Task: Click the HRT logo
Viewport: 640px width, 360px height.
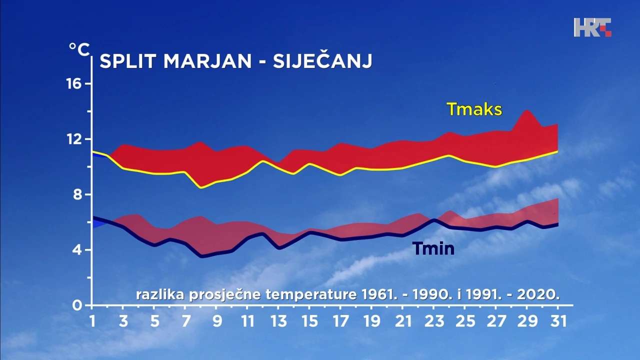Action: click(592, 27)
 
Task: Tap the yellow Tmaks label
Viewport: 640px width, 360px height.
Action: click(474, 109)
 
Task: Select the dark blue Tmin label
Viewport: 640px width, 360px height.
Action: click(433, 248)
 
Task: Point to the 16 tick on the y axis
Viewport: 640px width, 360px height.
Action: click(73, 83)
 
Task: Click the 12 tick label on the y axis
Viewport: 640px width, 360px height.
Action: click(73, 139)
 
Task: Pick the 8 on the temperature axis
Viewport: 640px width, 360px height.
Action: click(77, 194)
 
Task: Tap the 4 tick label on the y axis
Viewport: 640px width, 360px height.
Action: click(77, 250)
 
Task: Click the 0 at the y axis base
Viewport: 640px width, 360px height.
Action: click(77, 305)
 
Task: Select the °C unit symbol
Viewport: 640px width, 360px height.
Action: click(79, 49)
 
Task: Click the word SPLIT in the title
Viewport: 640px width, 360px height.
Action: click(128, 61)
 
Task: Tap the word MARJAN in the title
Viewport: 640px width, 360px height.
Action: click(207, 61)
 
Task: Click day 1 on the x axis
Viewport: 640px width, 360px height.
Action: click(92, 321)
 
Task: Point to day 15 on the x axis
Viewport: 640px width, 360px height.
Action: click(309, 321)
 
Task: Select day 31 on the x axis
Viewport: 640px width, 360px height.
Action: click(558, 321)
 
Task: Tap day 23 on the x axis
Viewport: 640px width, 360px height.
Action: click(433, 321)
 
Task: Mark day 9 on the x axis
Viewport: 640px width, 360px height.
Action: click(216, 321)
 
